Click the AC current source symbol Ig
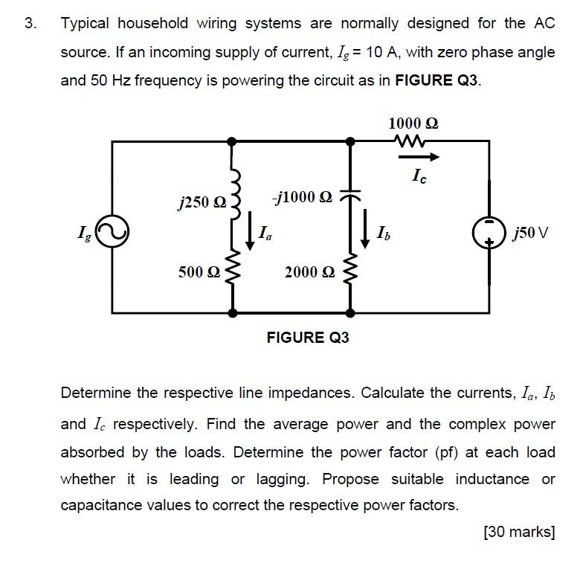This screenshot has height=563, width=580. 113,233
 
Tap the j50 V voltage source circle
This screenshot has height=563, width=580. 489,233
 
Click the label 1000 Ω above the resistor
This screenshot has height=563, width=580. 413,122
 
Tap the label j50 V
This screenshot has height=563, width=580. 530,234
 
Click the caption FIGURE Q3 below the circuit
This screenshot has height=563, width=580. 308,338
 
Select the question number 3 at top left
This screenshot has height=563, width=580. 30,24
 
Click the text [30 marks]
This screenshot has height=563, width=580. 519,532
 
